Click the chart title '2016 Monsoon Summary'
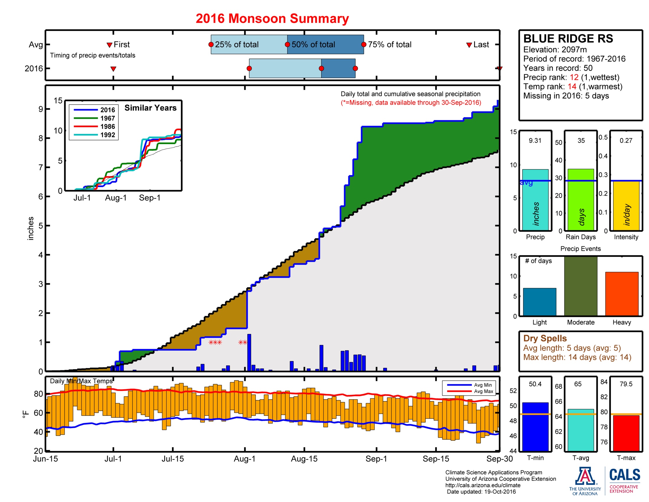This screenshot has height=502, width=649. [x=272, y=18]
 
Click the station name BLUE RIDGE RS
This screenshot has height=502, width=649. [x=568, y=39]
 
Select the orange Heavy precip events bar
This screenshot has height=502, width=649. [x=621, y=294]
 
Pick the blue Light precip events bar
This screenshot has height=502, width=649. [x=539, y=301]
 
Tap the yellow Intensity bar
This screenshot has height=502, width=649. [x=626, y=206]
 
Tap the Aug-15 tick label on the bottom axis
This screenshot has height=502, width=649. [x=304, y=459]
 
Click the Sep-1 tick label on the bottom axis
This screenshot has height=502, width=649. [x=376, y=459]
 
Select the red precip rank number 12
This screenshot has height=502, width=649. [x=574, y=77]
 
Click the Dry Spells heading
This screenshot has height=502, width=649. [x=545, y=338]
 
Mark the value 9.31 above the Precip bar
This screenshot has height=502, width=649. [x=535, y=140]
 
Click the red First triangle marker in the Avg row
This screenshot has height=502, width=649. [x=109, y=45]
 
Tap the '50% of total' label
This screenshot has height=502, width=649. [x=313, y=45]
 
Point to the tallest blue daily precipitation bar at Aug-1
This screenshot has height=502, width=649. [x=249, y=352]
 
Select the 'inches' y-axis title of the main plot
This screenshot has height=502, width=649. [x=30, y=228]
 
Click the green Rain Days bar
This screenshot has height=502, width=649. [x=580, y=200]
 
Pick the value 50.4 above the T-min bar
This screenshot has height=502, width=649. [x=535, y=384]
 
